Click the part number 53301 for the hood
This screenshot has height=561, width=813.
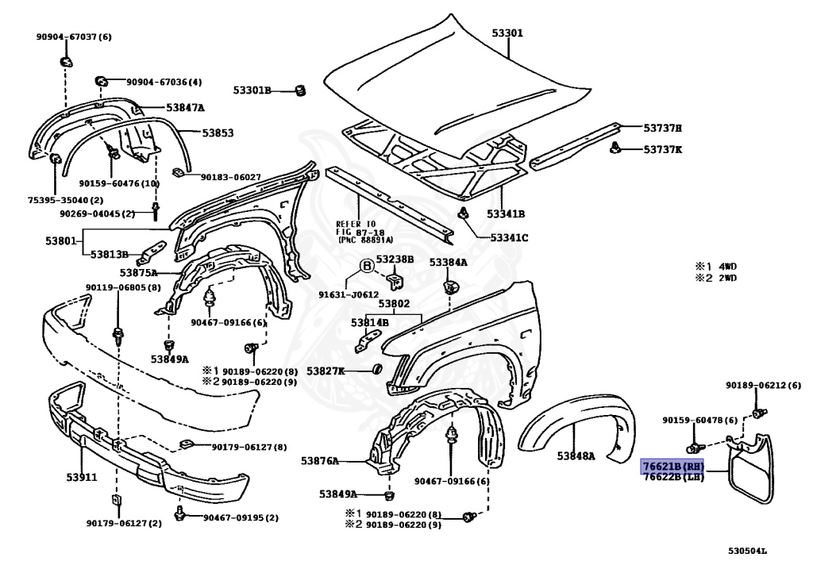click(507, 33)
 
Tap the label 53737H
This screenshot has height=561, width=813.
click(663, 128)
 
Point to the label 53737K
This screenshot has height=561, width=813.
click(663, 149)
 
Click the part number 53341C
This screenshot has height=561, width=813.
click(509, 237)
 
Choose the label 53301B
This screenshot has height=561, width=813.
click(252, 90)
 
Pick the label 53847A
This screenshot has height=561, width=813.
click(185, 107)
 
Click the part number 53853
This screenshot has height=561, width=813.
click(217, 133)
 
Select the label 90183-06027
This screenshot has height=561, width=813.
click(230, 177)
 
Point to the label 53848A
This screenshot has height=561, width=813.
click(576, 455)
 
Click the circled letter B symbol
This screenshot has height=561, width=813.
click(368, 267)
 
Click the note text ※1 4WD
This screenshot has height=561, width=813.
click(716, 267)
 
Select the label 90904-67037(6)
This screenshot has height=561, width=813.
click(74, 37)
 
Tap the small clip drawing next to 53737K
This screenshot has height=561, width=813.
click(615, 147)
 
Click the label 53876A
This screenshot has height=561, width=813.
click(320, 460)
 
